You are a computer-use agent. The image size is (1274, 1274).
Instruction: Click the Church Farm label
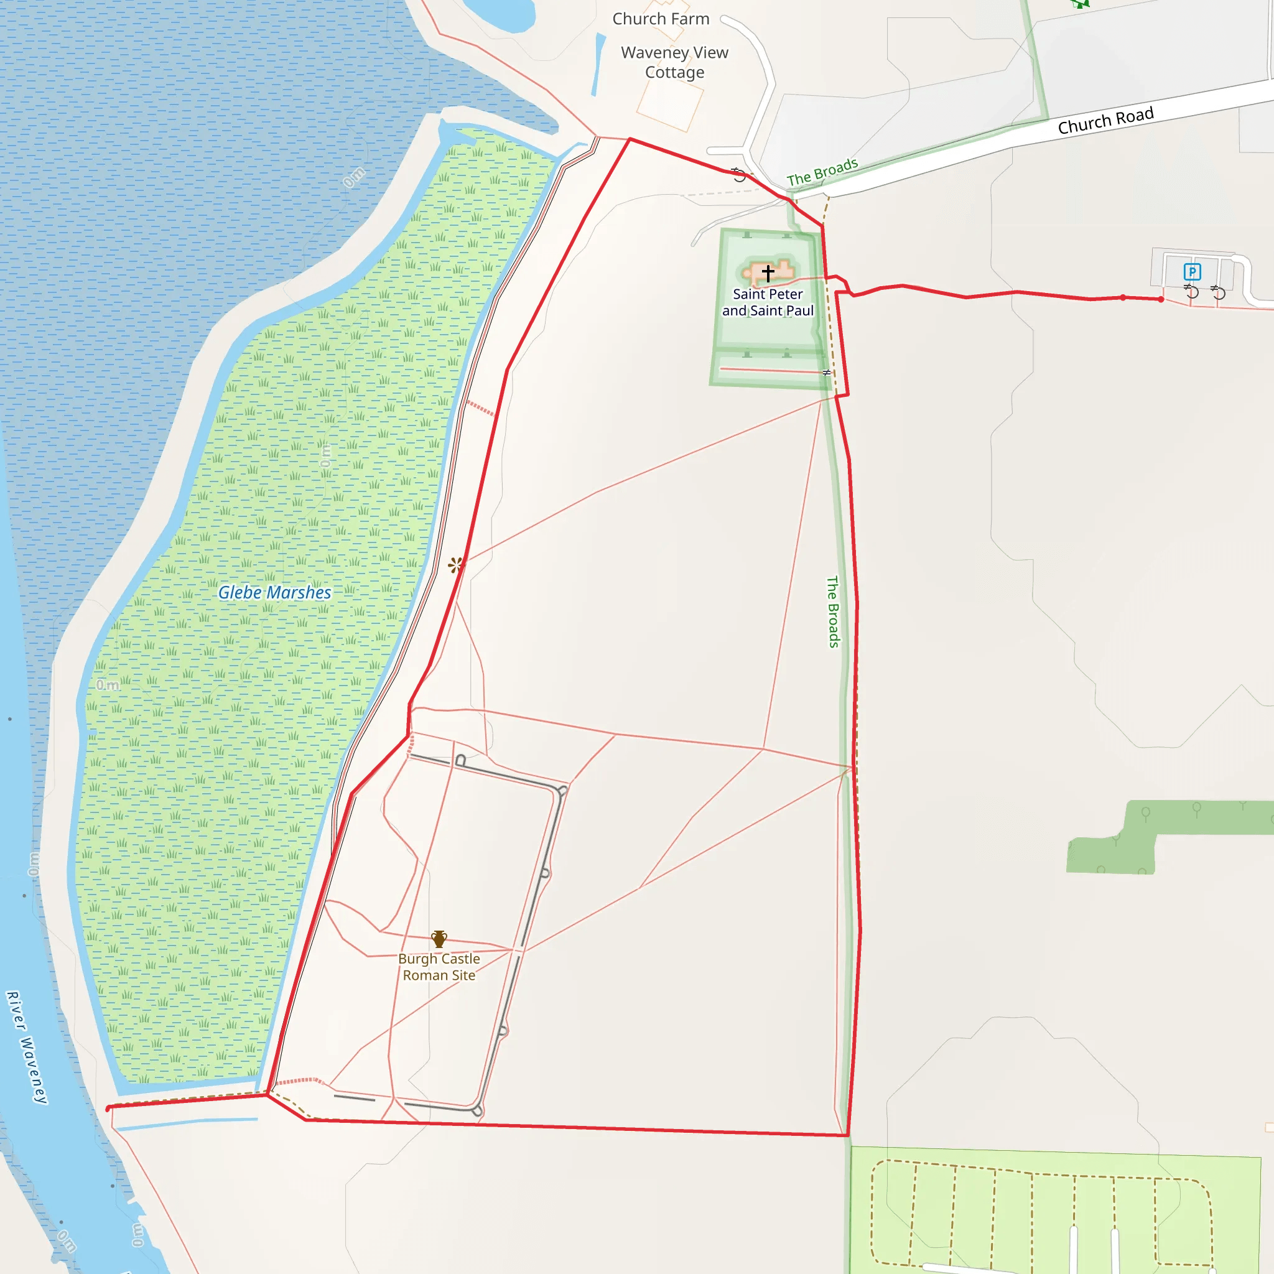click(x=661, y=19)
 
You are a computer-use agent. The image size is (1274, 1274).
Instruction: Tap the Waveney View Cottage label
click(x=674, y=62)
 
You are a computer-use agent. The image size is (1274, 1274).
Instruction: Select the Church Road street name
click(x=1105, y=120)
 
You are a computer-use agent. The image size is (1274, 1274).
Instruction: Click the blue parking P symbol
click(x=1191, y=272)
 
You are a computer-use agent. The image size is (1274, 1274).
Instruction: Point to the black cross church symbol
click(x=768, y=272)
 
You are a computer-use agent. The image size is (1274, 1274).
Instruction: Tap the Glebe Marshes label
click(x=274, y=593)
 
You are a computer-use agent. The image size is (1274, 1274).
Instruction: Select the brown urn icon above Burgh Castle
click(x=439, y=938)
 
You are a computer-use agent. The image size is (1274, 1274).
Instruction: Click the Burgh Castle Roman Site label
click(x=439, y=967)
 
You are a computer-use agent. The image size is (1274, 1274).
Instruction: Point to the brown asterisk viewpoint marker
click(x=455, y=564)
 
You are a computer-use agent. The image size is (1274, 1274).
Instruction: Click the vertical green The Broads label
click(x=833, y=612)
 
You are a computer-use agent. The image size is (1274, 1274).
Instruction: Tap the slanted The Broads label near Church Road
click(x=822, y=172)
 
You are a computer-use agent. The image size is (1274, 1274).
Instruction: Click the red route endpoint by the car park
click(x=1161, y=299)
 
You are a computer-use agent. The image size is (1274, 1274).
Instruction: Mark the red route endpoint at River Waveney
click(x=108, y=1109)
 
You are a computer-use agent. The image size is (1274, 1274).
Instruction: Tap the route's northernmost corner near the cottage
click(x=630, y=139)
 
